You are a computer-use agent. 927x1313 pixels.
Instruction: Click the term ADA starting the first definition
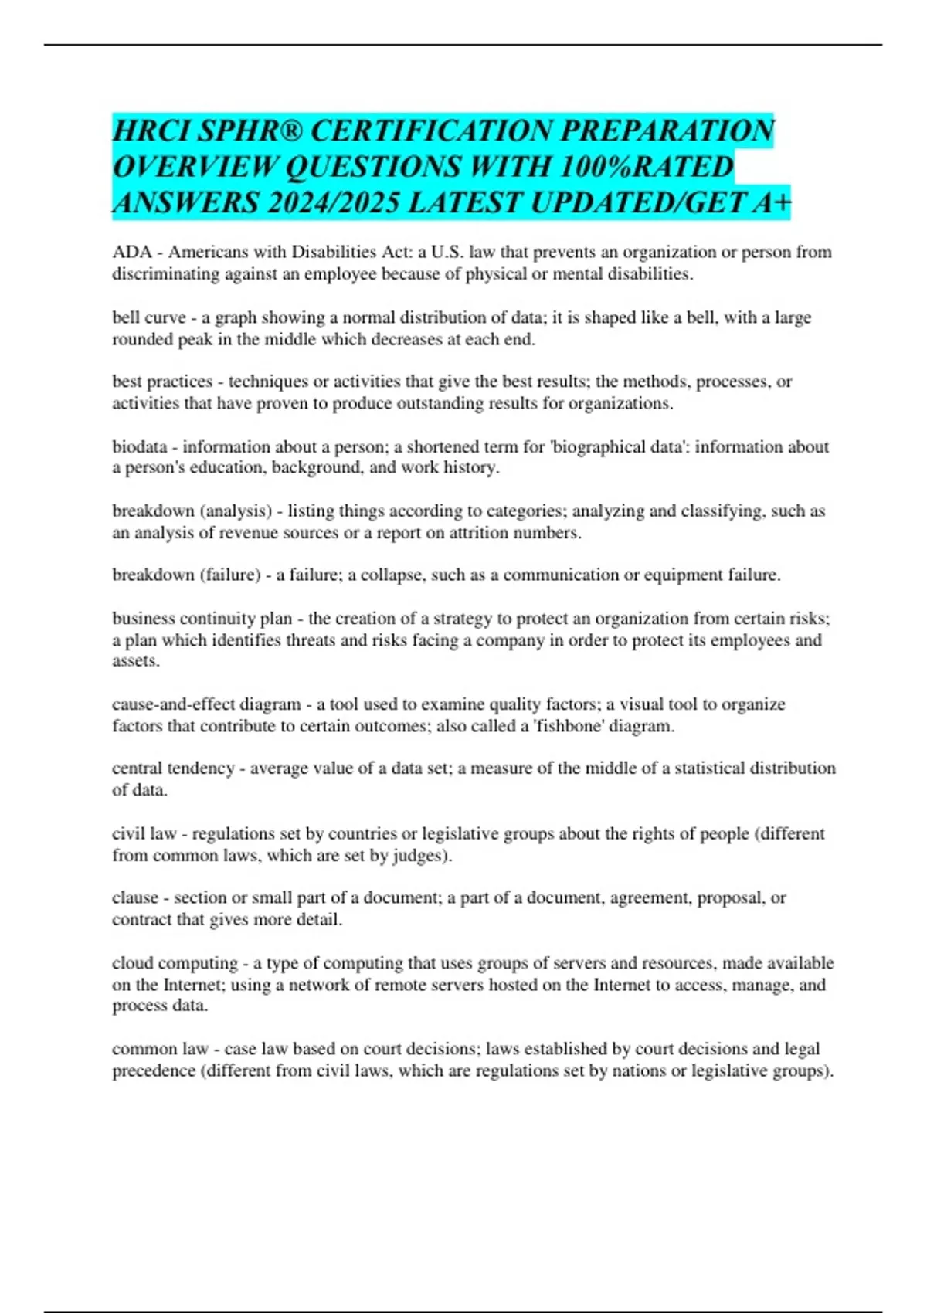[x=131, y=253]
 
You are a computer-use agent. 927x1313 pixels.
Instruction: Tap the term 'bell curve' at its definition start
[x=149, y=317]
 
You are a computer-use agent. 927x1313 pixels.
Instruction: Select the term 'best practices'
[x=162, y=382]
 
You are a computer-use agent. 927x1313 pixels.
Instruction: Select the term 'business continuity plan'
[x=202, y=618]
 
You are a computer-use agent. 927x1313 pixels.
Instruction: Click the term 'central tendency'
[x=173, y=768]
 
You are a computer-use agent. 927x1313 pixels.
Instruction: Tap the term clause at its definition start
[x=135, y=898]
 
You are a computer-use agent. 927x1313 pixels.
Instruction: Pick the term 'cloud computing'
[x=175, y=963]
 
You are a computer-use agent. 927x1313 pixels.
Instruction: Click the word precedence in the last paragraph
[x=154, y=1070]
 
